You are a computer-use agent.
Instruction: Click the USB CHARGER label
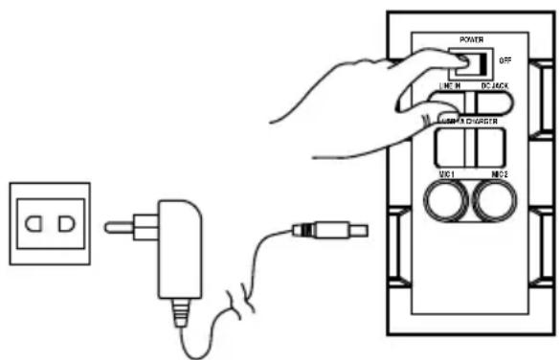(x=469, y=122)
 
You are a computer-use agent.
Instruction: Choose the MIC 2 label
(x=499, y=175)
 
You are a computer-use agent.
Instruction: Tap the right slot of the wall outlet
(x=65, y=227)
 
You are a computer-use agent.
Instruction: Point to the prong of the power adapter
(x=123, y=228)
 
